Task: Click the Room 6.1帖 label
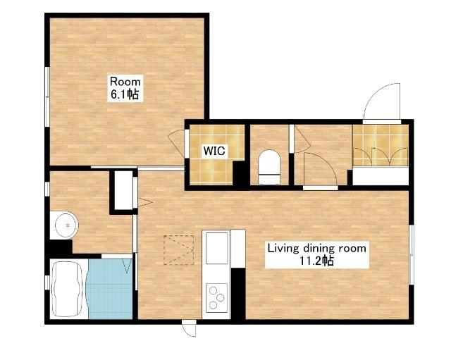pos(125,88)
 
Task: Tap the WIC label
pos(214,151)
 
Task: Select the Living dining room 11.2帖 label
pos(316,254)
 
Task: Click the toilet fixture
pos(269,167)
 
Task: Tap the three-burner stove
pos(217,297)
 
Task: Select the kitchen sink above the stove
pos(217,248)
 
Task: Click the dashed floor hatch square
pos(178,250)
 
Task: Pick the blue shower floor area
pos(110,289)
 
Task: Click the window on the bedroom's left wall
pos(47,97)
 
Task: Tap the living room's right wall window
pos(412,255)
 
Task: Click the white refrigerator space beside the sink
pos(238,249)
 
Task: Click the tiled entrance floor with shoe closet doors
pos(381,145)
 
